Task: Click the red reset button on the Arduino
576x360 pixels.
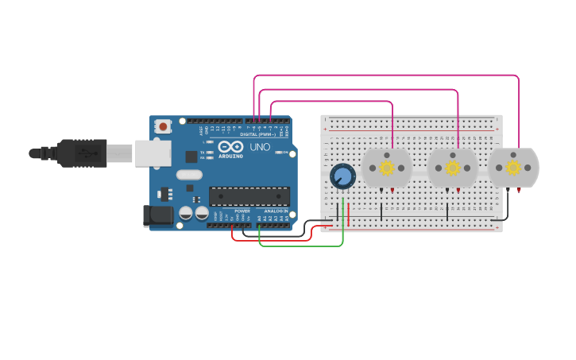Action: (x=163, y=126)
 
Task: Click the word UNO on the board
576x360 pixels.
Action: (x=260, y=147)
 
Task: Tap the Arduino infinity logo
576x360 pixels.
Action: (x=231, y=147)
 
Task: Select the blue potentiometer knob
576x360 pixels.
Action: (x=342, y=176)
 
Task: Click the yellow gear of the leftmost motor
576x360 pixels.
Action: (x=387, y=168)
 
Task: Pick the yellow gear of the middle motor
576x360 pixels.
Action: (x=453, y=168)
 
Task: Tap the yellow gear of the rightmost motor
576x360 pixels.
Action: (x=513, y=167)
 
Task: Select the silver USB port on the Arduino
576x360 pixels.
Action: (x=153, y=153)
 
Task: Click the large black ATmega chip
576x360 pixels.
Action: (x=249, y=195)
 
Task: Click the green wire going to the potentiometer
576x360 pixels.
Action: (x=302, y=246)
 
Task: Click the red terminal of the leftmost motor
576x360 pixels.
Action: (x=392, y=192)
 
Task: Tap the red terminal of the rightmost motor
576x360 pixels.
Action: (x=519, y=191)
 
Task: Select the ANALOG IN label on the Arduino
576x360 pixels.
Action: (x=276, y=211)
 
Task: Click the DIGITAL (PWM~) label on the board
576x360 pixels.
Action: (x=258, y=134)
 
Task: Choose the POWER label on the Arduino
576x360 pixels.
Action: (x=242, y=211)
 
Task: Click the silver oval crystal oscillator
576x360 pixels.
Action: (x=189, y=175)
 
